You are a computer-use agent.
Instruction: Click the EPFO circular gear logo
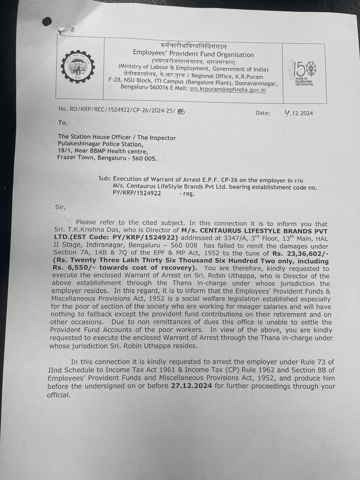point(78,67)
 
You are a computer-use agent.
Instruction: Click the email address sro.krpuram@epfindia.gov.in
point(228,90)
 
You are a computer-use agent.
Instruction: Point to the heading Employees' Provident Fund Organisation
point(193,54)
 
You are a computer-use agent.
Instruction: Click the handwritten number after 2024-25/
point(181,111)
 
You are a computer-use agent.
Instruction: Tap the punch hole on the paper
point(47,21)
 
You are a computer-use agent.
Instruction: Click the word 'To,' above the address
point(63,123)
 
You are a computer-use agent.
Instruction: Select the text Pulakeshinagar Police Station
point(100,144)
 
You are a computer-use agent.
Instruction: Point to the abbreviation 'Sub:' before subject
point(105,178)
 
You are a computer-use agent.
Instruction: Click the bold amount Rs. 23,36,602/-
point(300,253)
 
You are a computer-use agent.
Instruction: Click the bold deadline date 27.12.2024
point(191,386)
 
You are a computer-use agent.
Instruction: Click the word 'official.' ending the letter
point(58,395)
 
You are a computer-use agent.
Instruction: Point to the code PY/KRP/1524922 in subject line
point(137,193)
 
